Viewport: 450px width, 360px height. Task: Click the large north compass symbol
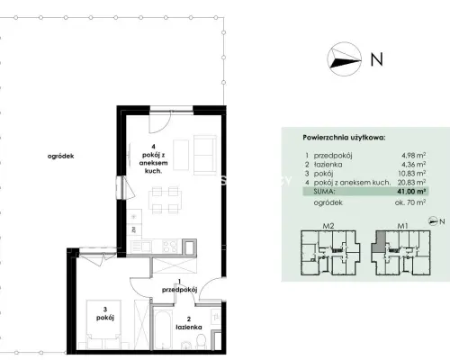coord(344,58)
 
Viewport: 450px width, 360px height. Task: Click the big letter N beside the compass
coord(377,59)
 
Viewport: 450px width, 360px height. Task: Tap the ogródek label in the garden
coord(60,157)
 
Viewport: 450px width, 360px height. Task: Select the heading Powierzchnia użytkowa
coord(344,138)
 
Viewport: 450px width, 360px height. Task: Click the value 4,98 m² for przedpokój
coord(414,156)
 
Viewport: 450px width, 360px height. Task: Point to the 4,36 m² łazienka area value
coord(414,165)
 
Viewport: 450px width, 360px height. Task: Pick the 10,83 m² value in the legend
coord(412,174)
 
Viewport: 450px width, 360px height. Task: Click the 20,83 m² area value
coord(411,182)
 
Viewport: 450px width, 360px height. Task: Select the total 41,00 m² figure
coord(411,192)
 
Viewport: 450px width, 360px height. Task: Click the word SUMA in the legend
coord(325,192)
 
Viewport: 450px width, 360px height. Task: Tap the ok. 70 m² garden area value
coord(410,202)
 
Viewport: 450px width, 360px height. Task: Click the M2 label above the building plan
coord(328,226)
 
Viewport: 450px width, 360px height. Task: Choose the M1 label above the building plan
coord(402,226)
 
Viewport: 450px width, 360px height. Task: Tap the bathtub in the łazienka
coord(163,328)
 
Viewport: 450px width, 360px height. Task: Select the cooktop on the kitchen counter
coord(170,247)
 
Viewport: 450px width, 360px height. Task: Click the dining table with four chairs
coord(165,200)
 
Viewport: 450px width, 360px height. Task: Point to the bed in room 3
coord(103,324)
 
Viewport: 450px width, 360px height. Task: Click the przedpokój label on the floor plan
coord(179,290)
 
